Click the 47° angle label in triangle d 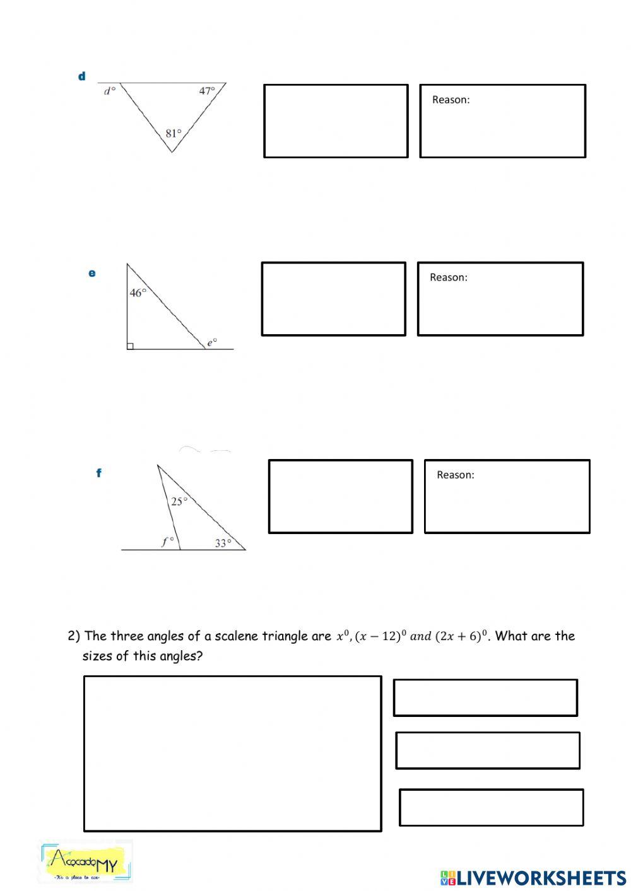coord(207,91)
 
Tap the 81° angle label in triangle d coord(173,133)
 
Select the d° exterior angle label coord(110,91)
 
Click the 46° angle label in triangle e coord(138,293)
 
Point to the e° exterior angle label coord(212,342)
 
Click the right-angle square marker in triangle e coord(130,346)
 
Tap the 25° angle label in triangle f coord(179,501)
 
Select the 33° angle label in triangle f coord(223,543)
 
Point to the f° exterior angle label coord(167,541)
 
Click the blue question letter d coord(81,76)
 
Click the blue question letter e coord(92,273)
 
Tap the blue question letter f coord(98,472)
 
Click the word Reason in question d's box coord(451,100)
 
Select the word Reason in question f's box coord(455,475)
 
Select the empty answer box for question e coord(333,299)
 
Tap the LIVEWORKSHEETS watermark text coord(533,878)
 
